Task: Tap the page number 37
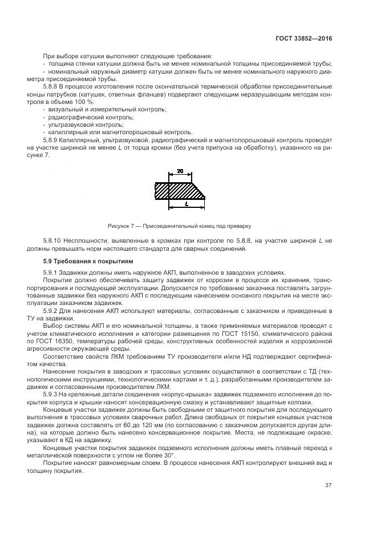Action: [328, 485]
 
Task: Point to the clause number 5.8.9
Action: [53, 139]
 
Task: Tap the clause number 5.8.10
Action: [55, 242]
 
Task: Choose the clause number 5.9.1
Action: [53, 272]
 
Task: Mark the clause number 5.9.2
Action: [53, 310]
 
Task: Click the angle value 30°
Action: [165, 455]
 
